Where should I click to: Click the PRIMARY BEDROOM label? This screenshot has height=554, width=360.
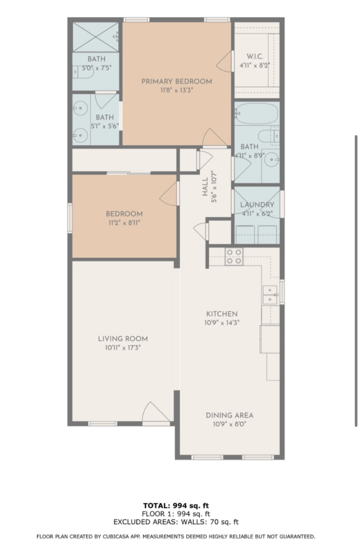(x=176, y=81)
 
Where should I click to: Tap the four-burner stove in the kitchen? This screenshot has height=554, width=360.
(x=234, y=257)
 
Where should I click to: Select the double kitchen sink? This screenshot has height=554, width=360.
(x=270, y=294)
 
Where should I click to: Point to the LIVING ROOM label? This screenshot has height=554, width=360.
(x=123, y=338)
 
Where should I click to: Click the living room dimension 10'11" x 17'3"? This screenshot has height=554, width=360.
(x=123, y=347)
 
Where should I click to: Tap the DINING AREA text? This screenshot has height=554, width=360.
(x=229, y=415)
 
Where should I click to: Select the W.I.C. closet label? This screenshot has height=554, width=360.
(x=255, y=56)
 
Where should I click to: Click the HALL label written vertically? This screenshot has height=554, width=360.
(x=205, y=187)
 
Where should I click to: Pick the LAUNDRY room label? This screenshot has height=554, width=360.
(x=257, y=205)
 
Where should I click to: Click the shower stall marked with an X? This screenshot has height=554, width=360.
(x=96, y=37)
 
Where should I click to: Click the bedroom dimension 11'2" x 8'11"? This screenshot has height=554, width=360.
(x=124, y=223)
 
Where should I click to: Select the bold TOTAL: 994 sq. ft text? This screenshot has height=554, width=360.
(x=176, y=506)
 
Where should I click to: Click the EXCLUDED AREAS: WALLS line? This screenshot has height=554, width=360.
(x=176, y=522)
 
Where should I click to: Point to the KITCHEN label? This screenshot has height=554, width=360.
(x=222, y=314)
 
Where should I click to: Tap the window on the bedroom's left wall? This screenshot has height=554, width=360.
(x=70, y=218)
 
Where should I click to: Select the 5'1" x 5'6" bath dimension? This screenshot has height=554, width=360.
(x=105, y=126)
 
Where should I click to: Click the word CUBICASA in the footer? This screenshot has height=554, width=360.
(x=116, y=537)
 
